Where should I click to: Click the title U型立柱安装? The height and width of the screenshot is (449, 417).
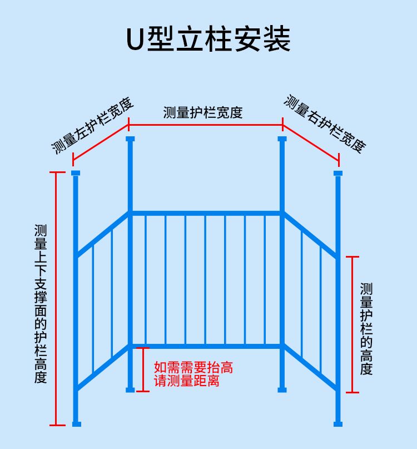[x=209, y=40]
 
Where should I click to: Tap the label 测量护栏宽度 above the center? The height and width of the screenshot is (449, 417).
[x=203, y=112]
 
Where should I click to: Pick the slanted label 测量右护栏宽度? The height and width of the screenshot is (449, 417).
[x=325, y=124]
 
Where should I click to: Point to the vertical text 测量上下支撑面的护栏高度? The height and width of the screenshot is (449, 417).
[x=41, y=304]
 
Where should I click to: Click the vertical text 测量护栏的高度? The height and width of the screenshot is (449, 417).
[x=366, y=329]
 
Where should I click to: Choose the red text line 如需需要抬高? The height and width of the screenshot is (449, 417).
[x=193, y=368]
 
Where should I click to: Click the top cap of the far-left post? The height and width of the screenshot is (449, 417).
[x=76, y=173]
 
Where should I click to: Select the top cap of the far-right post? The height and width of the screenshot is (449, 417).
[x=338, y=173]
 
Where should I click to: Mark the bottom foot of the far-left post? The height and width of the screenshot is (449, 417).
[x=76, y=424]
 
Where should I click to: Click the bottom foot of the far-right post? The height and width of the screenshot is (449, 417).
[x=338, y=424]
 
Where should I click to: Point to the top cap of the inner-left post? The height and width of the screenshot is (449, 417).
[x=130, y=139]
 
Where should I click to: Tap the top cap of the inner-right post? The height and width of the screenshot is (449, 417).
[x=282, y=139]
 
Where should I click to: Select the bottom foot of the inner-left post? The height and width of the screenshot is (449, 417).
[x=130, y=389]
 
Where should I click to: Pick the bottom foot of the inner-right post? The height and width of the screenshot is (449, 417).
[x=282, y=389]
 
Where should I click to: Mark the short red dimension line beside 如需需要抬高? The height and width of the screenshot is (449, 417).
[x=143, y=369]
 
